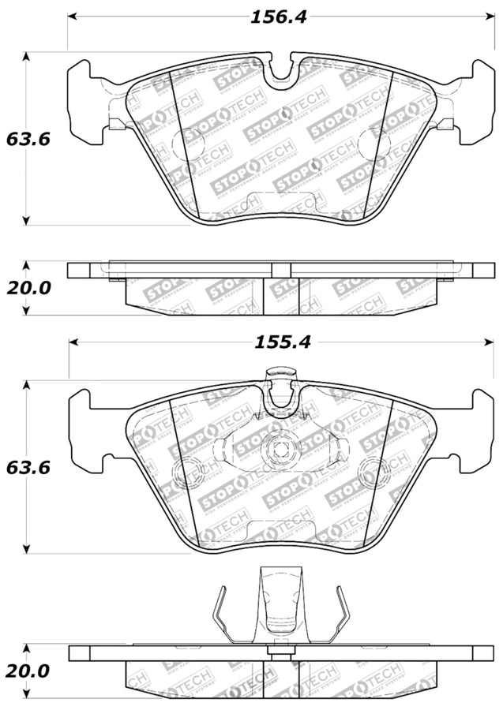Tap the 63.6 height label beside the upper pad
coord(28,139)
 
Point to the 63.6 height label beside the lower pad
coord(28,467)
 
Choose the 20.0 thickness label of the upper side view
coord(28,288)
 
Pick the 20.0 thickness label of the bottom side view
coord(28,671)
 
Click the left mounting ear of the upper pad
coord(84,101)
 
